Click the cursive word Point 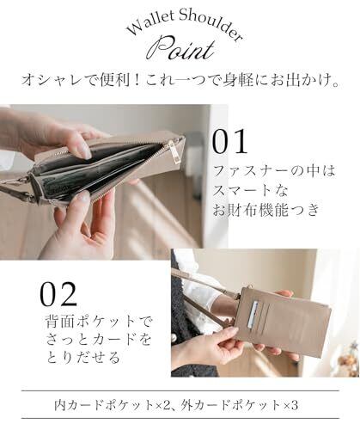[x=184, y=49]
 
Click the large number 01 [x=229, y=142]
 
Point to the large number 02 [x=58, y=294]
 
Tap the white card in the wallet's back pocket [x=253, y=314]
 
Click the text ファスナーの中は [x=274, y=171]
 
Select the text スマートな [x=251, y=190]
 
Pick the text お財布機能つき [x=266, y=210]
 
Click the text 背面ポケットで [x=100, y=321]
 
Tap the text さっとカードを [x=98, y=339]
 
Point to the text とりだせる [x=82, y=358]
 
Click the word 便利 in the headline [x=115, y=81]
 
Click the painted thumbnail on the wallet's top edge [x=84, y=149]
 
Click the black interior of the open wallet [x=97, y=172]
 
